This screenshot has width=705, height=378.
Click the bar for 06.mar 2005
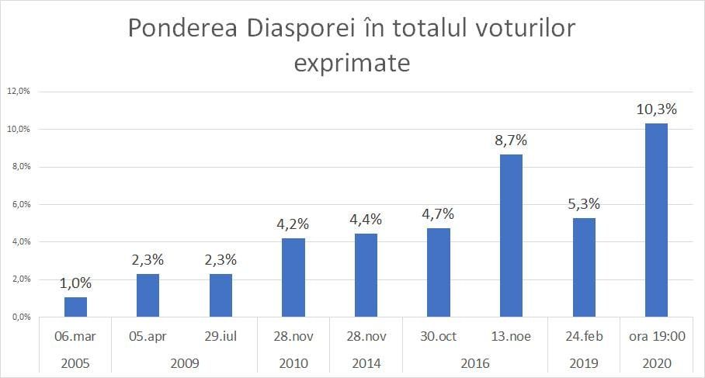point(75,307)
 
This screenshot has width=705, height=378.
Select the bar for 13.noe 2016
point(511,235)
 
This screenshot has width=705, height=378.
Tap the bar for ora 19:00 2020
point(656,220)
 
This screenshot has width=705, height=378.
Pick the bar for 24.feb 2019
point(584,267)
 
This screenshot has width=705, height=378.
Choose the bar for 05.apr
point(148,295)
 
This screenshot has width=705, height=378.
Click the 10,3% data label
point(656,109)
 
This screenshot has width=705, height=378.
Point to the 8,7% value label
point(511,140)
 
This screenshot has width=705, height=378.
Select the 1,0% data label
point(75,283)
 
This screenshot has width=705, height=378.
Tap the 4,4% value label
point(366,220)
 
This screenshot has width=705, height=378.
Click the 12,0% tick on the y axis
point(18,91)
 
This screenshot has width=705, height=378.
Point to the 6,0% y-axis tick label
point(18,204)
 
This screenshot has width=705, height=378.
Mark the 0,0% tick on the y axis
point(18,317)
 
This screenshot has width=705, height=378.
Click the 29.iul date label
point(221,336)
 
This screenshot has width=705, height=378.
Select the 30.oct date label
point(439,336)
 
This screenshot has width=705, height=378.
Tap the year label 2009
point(184,362)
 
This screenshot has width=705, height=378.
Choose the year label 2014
point(366,362)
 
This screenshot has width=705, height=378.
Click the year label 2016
point(474,362)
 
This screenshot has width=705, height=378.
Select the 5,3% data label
point(584,204)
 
